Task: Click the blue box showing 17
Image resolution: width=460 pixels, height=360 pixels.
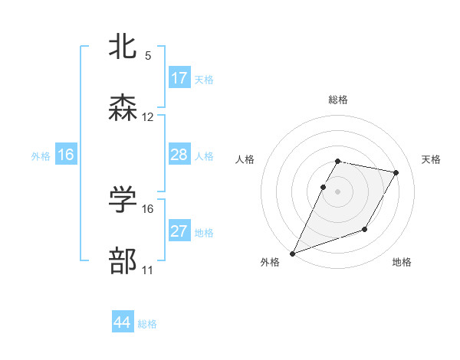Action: [179, 78]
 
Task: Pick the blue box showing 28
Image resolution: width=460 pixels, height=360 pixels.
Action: [179, 155]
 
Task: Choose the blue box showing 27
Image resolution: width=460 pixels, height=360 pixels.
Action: [179, 231]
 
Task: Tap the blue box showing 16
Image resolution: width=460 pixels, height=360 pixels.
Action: [66, 155]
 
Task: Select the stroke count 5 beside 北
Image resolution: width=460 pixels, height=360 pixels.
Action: [148, 56]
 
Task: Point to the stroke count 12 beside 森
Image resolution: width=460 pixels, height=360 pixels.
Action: [148, 117]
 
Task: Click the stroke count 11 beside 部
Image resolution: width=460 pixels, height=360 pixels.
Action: [148, 270]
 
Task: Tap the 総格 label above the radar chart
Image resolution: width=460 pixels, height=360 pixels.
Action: [338, 100]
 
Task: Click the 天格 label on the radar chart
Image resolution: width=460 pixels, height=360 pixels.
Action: [432, 159]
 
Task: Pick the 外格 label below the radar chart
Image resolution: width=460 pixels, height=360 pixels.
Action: [270, 263]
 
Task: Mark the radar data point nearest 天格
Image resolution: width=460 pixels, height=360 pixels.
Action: [396, 173]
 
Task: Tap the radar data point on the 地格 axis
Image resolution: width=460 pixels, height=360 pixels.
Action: [366, 229]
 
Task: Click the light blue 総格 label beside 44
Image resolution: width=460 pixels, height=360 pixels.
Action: [147, 324]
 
